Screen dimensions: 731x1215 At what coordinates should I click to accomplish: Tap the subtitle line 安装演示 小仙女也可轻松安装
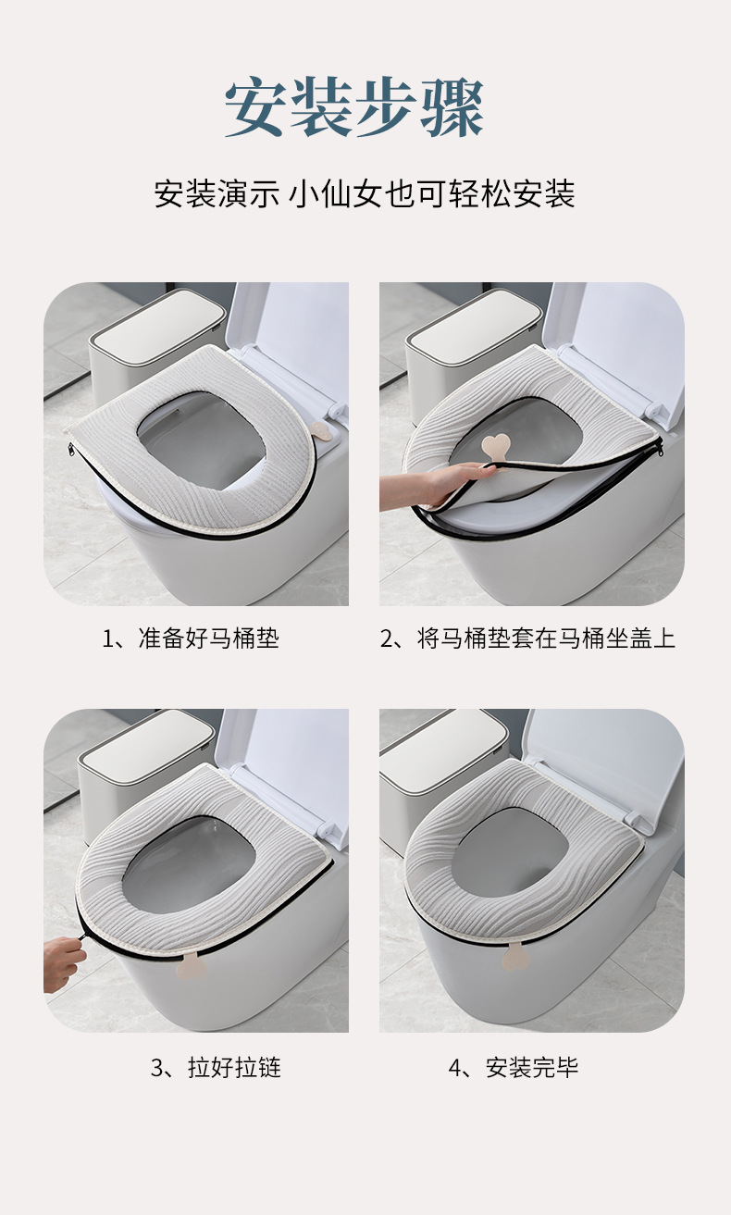pyautogui.click(x=365, y=194)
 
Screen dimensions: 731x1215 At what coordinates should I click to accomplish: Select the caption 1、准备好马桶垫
pyautogui.click(x=191, y=638)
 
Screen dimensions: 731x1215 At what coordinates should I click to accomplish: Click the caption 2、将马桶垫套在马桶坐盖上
pyautogui.click(x=527, y=638)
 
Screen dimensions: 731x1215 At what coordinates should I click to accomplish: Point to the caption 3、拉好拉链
pyautogui.click(x=216, y=1068)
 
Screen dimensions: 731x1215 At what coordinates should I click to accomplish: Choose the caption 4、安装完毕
pyautogui.click(x=513, y=1068)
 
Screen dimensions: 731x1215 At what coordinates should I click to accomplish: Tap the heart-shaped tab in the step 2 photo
pyautogui.click(x=496, y=448)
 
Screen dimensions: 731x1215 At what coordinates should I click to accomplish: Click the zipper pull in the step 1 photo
pyautogui.click(x=71, y=450)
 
